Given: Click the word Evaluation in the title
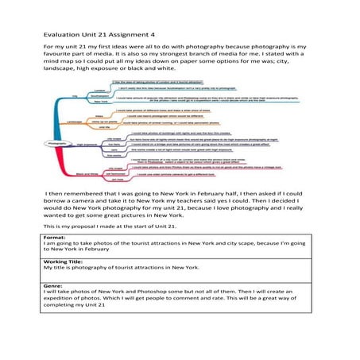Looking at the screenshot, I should pos(61,34).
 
